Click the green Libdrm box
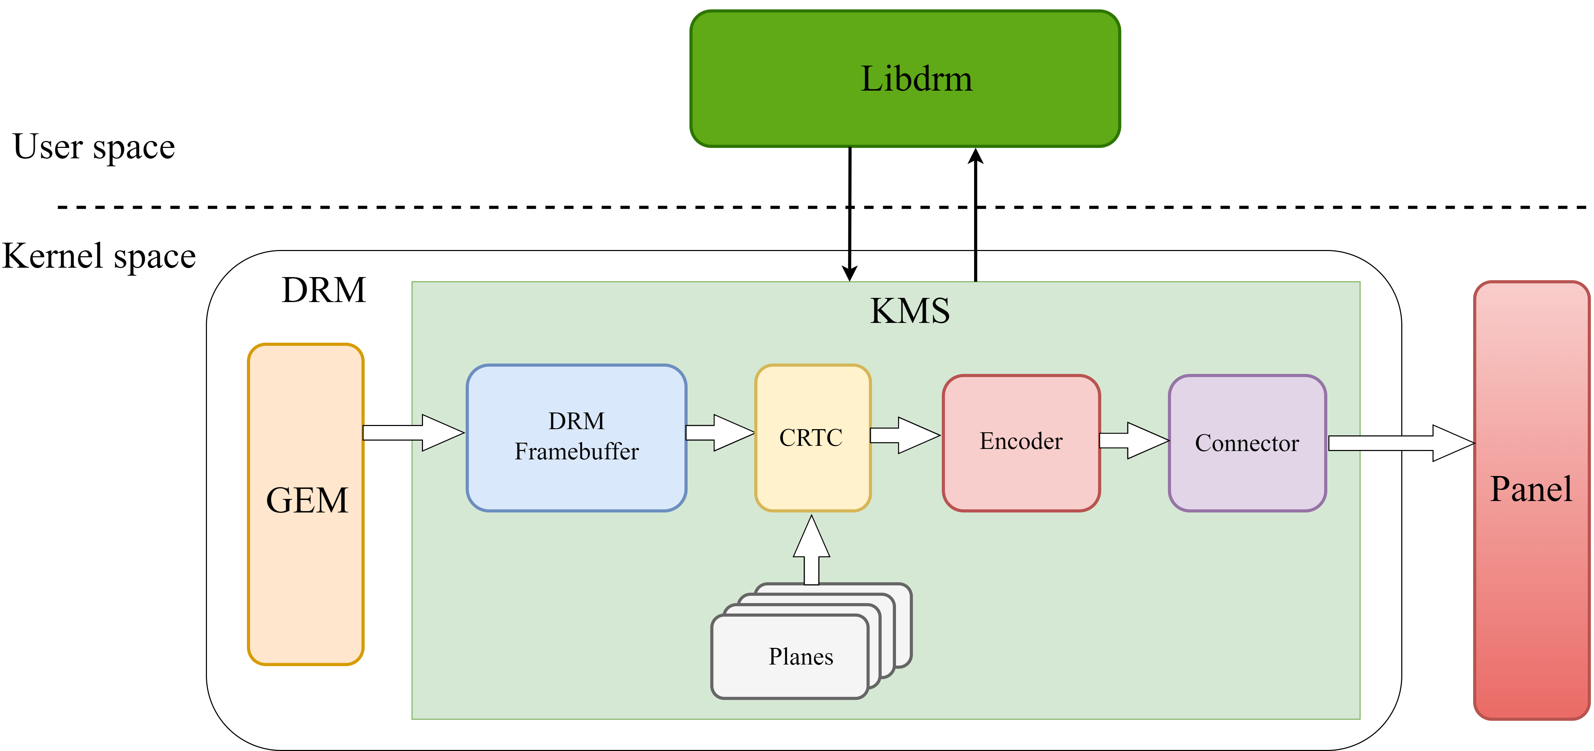905,78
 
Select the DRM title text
324,290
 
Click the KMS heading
910,310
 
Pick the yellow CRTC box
813,437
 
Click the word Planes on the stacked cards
801,656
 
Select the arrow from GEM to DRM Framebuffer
413,432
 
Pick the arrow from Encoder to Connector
1134,441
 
